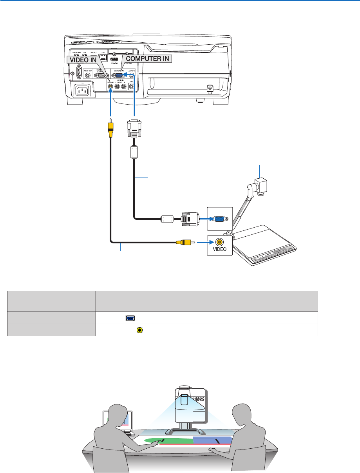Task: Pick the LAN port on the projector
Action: [103, 56]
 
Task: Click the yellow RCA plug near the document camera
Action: [183, 243]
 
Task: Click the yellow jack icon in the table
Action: [140, 330]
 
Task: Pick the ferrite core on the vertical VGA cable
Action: [134, 152]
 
